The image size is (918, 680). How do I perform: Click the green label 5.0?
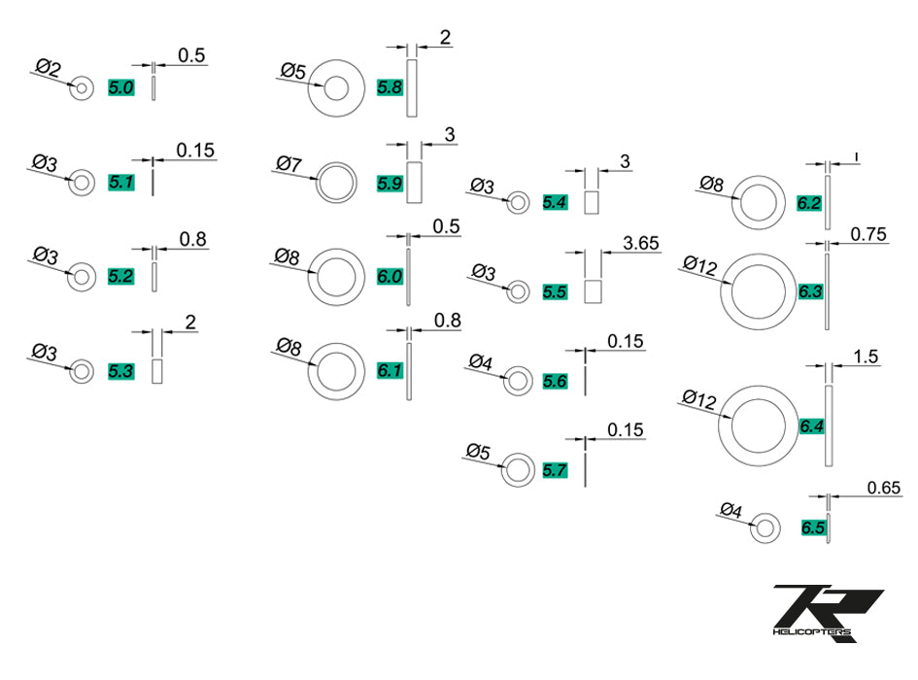[121, 88]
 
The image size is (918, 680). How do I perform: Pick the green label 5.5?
[555, 290]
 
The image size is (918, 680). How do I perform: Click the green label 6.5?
[812, 527]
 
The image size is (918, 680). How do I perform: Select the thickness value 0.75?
[869, 234]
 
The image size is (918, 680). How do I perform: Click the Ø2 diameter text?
[48, 69]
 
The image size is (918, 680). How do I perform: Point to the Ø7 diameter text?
[289, 164]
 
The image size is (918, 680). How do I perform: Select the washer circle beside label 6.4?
[759, 425]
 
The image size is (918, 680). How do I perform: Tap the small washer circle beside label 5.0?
[82, 88]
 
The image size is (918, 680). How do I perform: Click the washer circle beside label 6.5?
[765, 527]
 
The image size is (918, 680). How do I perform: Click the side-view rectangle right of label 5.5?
[594, 291]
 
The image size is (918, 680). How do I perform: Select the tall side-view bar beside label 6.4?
[829, 425]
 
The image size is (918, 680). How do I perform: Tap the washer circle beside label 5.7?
[517, 470]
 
